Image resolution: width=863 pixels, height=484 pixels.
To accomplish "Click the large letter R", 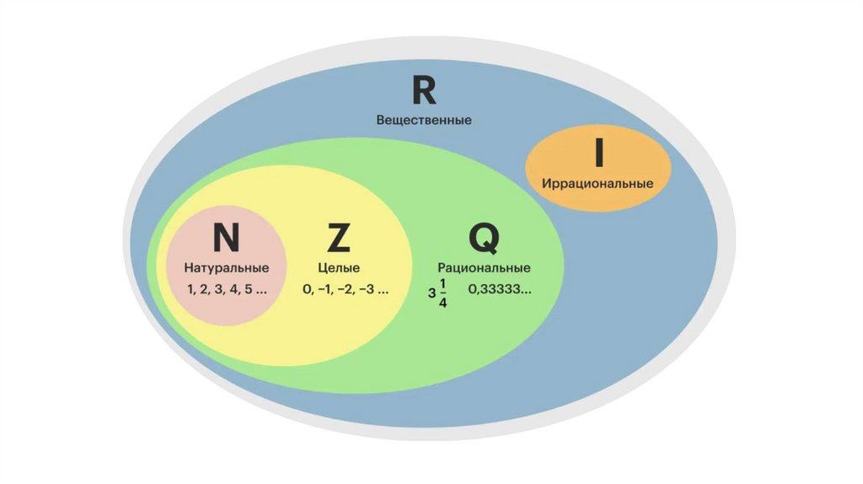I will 424,90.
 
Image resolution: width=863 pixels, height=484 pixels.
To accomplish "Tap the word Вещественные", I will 424,120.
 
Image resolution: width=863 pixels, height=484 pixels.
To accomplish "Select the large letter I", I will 599,153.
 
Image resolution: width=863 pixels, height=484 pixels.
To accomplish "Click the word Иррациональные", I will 598,183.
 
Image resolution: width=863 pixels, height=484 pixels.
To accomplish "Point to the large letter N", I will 226,239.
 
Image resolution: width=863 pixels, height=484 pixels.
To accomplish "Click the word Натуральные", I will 227,268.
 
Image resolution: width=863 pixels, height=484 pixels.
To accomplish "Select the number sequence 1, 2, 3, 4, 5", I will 227,289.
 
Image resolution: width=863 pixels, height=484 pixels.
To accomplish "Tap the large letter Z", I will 337,239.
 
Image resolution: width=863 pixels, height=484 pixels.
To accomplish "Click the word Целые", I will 338,268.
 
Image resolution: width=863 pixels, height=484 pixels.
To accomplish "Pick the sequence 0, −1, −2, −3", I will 346,289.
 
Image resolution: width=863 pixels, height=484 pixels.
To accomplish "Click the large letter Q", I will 484,239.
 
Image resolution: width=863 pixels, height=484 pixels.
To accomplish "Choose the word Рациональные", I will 484,268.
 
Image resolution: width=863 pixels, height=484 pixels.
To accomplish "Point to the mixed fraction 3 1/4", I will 438,293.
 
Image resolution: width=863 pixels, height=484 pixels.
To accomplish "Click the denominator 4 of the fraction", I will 443,304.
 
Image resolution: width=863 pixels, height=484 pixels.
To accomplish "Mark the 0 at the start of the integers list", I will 308,289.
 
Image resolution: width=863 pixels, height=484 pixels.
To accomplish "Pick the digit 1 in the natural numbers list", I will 191,289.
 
